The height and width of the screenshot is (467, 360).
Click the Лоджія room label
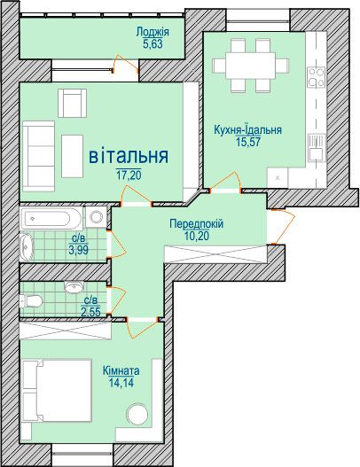click(153, 32)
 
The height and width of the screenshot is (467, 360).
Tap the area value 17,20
click(129, 175)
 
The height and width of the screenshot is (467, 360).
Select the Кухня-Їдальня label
click(247, 130)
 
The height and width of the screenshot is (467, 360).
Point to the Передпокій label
click(196, 223)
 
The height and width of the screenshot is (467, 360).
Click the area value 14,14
click(121, 383)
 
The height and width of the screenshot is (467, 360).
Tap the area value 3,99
click(78, 250)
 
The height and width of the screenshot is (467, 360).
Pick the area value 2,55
click(90, 312)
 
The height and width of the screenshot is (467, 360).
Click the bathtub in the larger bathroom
click(51, 219)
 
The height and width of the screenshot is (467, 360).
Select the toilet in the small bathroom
click(30, 300)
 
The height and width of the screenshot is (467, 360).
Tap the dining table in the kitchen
click(250, 66)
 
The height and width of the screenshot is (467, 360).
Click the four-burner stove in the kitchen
click(317, 77)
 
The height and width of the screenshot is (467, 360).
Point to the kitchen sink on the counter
click(317, 147)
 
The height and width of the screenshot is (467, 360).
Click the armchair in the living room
click(72, 103)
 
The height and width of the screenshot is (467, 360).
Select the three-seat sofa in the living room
click(38, 156)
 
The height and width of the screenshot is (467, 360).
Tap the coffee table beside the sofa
click(72, 156)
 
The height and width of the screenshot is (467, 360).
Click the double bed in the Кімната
click(57, 391)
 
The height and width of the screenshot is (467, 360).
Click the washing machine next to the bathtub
click(96, 217)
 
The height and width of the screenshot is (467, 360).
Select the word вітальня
click(129, 156)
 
